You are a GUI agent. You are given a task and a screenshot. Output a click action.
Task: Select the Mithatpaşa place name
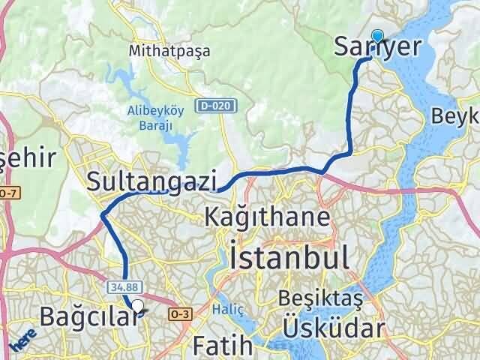click(x=169, y=51)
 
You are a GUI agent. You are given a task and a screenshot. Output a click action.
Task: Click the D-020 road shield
click(x=214, y=106)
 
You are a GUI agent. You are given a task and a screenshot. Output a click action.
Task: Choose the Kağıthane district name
click(x=268, y=218)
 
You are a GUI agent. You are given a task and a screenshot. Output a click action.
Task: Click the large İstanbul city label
click(x=289, y=256)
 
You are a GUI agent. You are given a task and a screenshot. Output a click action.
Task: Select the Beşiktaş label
click(x=319, y=299)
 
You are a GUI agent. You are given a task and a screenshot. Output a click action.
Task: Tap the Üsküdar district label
click(x=334, y=328)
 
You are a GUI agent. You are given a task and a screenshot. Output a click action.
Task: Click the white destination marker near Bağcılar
click(x=137, y=305)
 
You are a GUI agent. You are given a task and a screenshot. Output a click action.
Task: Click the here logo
click(x=24, y=339)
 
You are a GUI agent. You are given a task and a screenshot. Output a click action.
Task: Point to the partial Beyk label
click(x=455, y=116)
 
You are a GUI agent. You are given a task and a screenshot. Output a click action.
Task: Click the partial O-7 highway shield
click(x=7, y=194)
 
